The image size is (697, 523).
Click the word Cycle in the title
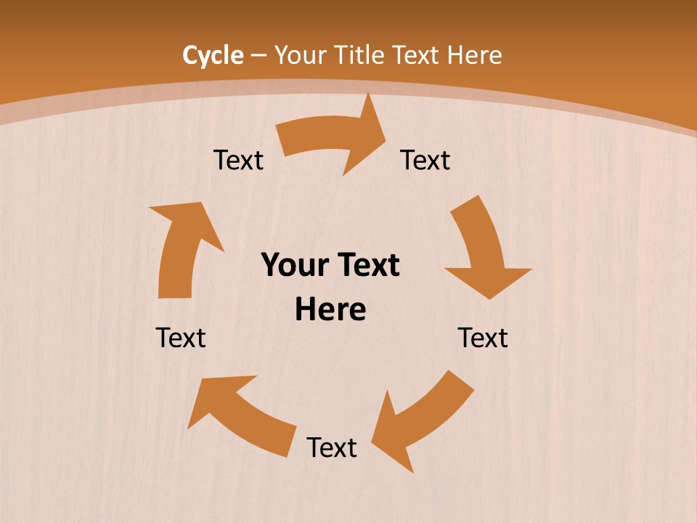213,55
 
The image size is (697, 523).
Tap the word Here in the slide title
474,55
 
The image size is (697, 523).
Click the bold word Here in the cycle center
330,310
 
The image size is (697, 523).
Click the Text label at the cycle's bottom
332,447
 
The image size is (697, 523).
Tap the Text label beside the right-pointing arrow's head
425,160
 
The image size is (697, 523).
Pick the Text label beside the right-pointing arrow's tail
238,160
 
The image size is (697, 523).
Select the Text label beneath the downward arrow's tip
483,338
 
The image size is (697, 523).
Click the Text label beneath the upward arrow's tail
181,338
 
